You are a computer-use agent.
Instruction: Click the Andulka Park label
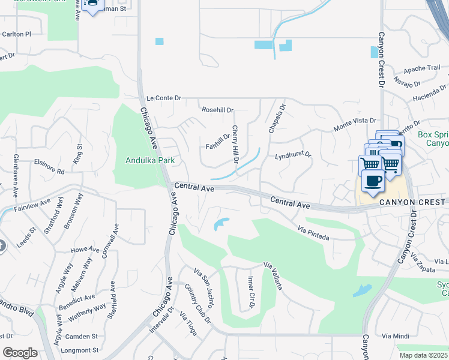(150, 160)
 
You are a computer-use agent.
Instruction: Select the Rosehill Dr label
(217, 110)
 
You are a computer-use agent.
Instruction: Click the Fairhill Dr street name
(218, 142)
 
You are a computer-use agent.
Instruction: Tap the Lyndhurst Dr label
(293, 155)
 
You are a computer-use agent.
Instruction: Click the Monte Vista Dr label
(354, 125)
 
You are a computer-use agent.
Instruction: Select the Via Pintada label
(313, 233)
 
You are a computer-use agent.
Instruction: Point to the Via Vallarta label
(274, 276)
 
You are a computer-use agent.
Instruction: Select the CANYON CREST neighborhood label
(413, 203)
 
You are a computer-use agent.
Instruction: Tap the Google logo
(20, 353)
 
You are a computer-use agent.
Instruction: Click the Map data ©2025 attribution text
(423, 355)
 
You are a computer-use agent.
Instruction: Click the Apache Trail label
(422, 68)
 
